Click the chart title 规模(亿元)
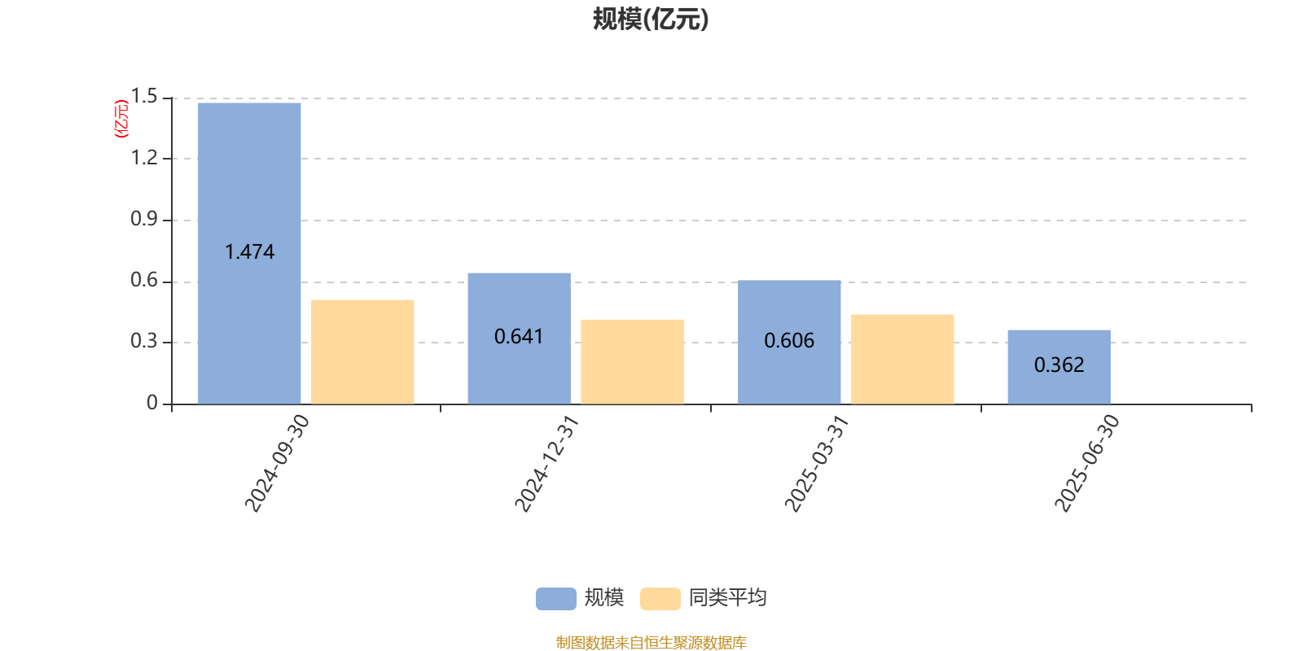tap(651, 20)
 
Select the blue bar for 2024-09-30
tap(249, 253)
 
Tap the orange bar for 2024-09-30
tap(362, 352)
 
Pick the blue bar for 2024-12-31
tap(519, 339)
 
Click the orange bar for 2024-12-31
tap(632, 361)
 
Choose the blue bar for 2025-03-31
tap(789, 342)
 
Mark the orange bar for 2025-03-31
tap(902, 359)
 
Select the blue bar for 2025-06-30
tap(1059, 367)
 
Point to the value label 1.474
tap(249, 251)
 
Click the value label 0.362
tap(1059, 365)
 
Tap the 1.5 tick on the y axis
tap(143, 96)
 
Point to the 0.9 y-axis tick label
tap(143, 219)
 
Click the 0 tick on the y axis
tap(151, 403)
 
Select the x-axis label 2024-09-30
tap(277, 463)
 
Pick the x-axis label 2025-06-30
tap(1086, 463)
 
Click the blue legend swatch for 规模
tap(555, 599)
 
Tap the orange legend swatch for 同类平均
tap(660, 599)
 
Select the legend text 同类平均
tap(728, 598)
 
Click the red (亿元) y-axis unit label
tap(121, 119)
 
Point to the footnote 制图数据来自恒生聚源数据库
tap(651, 642)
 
